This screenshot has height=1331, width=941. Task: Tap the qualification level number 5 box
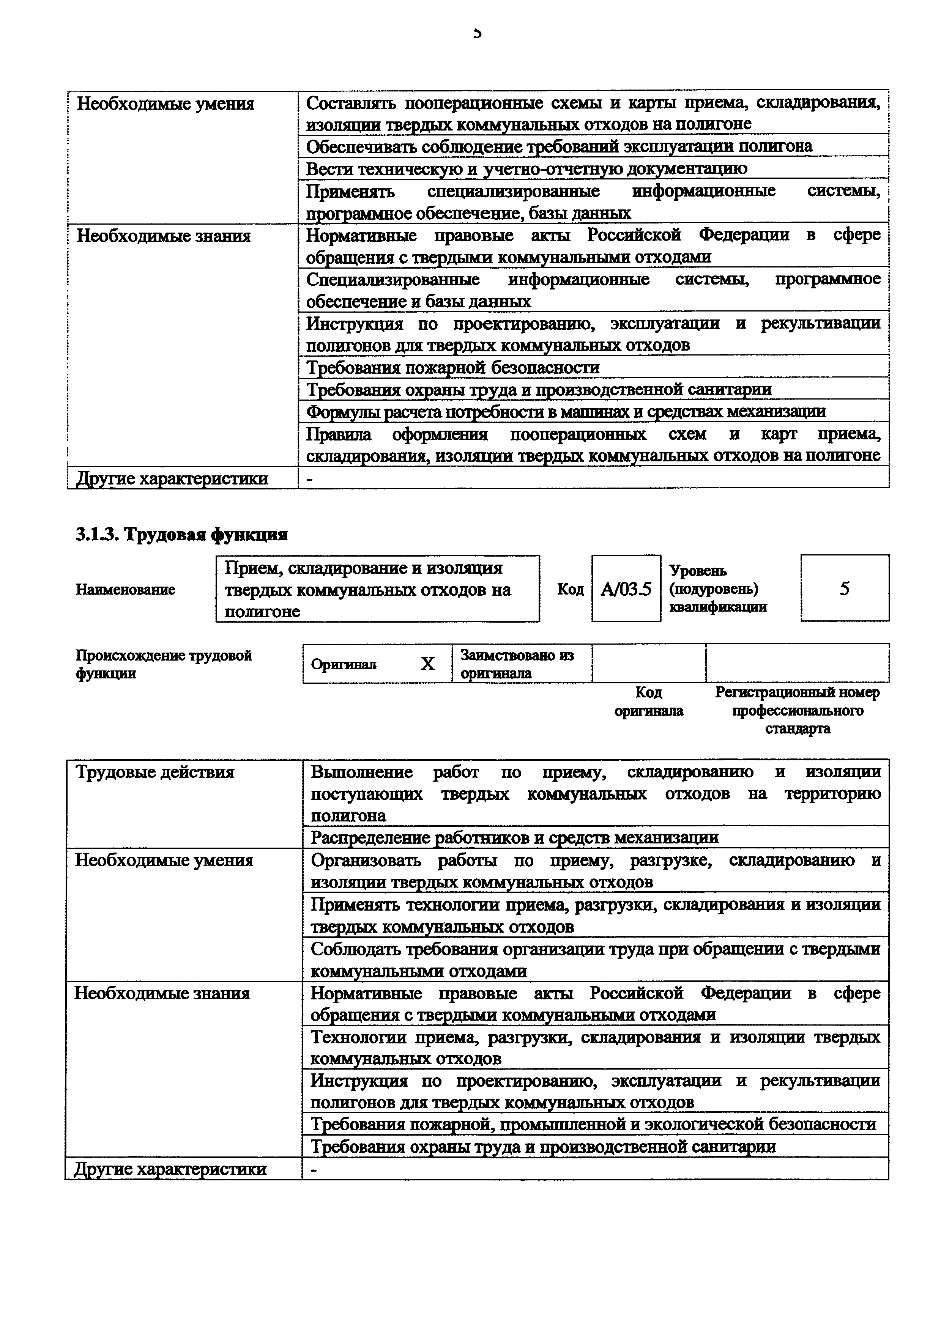click(x=844, y=589)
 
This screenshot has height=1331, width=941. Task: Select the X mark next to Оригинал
click(x=427, y=664)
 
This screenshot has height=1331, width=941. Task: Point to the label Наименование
click(x=125, y=590)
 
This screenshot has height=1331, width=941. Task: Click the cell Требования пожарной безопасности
click(x=452, y=368)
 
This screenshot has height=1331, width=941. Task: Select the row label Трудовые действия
click(x=155, y=772)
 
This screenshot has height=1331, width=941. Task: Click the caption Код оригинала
click(x=648, y=702)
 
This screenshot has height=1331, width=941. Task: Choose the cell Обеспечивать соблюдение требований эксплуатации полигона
click(x=559, y=146)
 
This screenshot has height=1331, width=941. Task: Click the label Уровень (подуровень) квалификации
click(x=718, y=589)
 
